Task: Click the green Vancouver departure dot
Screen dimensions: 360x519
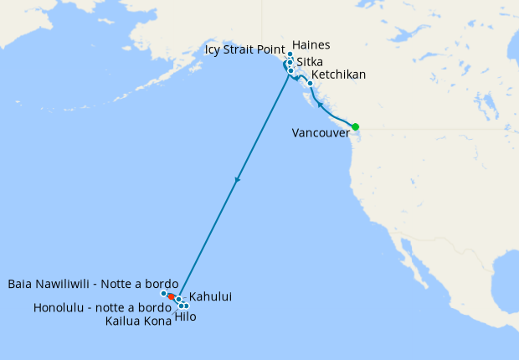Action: click(355, 126)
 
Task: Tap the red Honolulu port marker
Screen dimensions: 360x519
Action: click(171, 296)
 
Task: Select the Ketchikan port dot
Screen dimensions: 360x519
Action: click(311, 83)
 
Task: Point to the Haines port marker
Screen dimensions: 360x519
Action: click(290, 54)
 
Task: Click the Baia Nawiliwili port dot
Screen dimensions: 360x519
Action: click(164, 293)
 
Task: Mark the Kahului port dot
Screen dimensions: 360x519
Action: click(178, 299)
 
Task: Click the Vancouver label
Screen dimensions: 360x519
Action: click(321, 133)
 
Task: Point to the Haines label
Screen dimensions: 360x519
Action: click(312, 45)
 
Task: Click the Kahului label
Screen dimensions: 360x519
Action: click(210, 296)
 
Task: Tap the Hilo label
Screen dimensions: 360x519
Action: click(186, 316)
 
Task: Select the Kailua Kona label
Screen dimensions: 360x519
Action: click(138, 321)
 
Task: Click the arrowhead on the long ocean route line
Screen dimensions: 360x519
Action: click(239, 179)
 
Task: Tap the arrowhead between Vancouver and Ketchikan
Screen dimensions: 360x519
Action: click(319, 107)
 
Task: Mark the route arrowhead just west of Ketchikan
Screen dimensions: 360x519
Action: click(299, 78)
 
